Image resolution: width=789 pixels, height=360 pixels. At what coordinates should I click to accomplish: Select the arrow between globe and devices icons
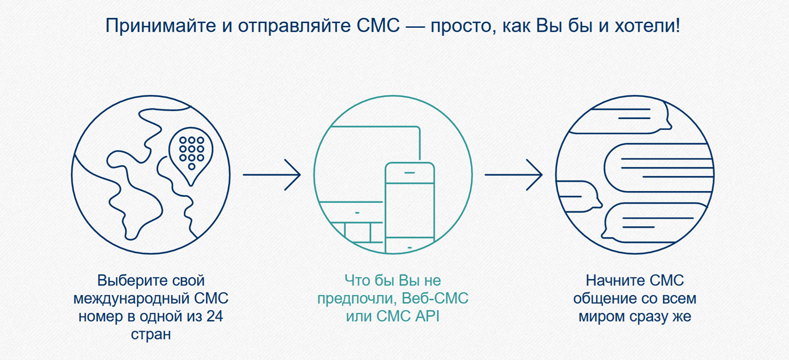pyautogui.click(x=271, y=175)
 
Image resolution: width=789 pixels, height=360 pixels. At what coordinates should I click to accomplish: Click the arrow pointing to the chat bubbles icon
pyautogui.click(x=513, y=175)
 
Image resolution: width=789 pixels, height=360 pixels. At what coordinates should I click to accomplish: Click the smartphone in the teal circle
pyautogui.click(x=410, y=205)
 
